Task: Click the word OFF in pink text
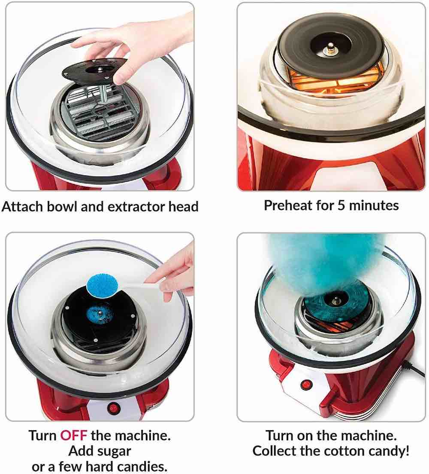[74, 436]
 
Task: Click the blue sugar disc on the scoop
[102, 284]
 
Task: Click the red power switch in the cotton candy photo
[306, 385]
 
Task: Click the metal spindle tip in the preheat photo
[331, 46]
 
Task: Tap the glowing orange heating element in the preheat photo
[332, 80]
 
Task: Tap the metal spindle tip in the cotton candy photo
[335, 300]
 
